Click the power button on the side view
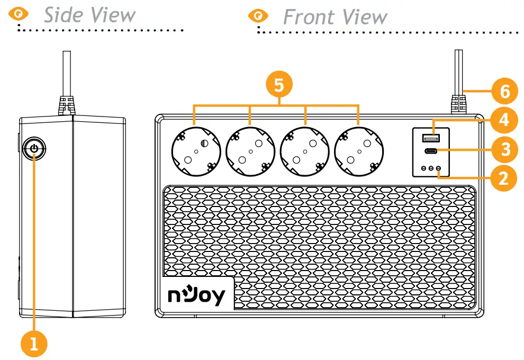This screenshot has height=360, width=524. click(34, 148)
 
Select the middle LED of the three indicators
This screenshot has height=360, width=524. click(431, 168)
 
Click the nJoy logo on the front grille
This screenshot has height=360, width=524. click(197, 295)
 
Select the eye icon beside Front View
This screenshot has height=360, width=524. click(258, 16)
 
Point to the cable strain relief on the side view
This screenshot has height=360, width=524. click(66, 105)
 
